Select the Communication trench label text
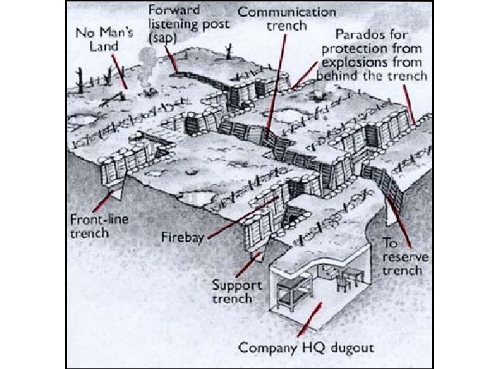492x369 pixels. (x=286, y=19)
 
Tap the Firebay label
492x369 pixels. (x=182, y=240)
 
